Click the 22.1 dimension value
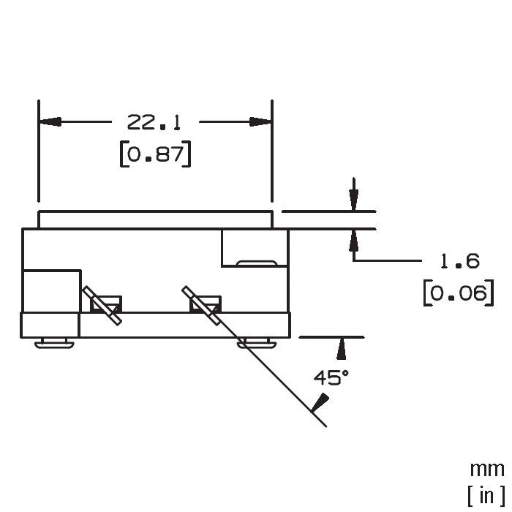tap(154, 122)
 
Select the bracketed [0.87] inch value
tap(155, 154)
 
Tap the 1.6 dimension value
tap(460, 261)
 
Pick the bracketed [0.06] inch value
tap(459, 293)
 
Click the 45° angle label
tap(331, 377)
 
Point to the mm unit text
tap(487, 470)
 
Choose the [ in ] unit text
tap(486, 495)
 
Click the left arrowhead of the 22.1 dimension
tap(50, 122)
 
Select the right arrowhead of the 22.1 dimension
tap(260, 122)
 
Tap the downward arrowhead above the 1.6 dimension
tap(353, 200)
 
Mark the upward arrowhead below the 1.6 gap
tap(353, 240)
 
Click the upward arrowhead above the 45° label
tap(342, 348)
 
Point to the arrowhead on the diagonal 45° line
tap(320, 402)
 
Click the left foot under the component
tap(55, 343)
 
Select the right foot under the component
tap(257, 343)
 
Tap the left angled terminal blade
tap(102, 305)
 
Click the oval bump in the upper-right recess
tap(257, 263)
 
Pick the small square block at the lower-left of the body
tap(50, 325)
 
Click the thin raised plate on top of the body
tap(155, 219)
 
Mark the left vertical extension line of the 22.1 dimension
tap(39, 151)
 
